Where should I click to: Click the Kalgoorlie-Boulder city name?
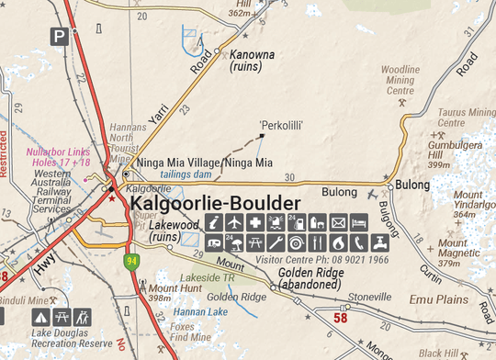click(216, 203)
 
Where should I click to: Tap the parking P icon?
click(60, 37)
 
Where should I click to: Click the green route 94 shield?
click(133, 263)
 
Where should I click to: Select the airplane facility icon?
click(233, 223)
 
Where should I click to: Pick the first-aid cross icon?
click(254, 223)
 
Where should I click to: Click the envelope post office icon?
click(338, 223)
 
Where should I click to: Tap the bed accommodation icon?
click(359, 223)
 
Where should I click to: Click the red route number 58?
click(341, 318)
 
